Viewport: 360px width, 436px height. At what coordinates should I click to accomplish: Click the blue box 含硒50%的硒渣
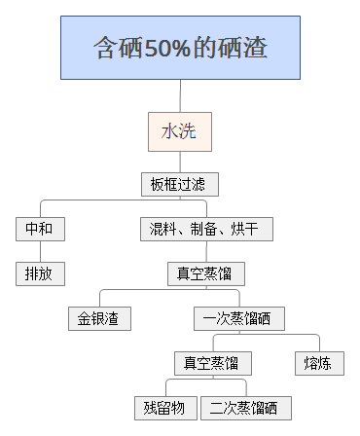coord(180,48)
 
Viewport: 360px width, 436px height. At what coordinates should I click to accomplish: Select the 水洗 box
coord(179,130)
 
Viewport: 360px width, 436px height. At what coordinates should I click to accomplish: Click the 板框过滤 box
coord(179,184)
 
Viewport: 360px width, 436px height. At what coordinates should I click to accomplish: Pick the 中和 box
coord(41,230)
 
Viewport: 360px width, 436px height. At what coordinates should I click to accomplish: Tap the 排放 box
coord(41,273)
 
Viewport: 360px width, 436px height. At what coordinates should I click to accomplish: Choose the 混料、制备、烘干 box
coord(206,230)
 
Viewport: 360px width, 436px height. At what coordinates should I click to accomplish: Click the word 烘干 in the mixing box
coord(247,230)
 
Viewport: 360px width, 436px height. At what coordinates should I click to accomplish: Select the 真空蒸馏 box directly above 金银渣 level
coord(205,273)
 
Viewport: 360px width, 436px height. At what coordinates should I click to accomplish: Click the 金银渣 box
coord(99,318)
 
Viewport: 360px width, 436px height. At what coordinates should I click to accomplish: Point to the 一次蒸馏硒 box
coord(237,318)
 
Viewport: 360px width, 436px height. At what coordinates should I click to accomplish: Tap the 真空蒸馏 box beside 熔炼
coord(213,364)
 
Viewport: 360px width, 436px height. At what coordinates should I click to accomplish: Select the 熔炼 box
coord(319,364)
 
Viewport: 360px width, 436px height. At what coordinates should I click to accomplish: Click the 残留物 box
coord(166,408)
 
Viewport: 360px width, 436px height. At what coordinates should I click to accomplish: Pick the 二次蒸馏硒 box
coord(245,408)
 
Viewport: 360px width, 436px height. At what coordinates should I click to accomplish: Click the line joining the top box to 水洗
coord(180,94)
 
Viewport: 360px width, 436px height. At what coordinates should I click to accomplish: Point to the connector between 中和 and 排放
coord(41,252)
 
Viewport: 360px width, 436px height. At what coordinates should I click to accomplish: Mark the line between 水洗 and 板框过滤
coord(180,162)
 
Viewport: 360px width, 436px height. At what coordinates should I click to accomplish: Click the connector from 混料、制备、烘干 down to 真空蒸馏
coord(206,252)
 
